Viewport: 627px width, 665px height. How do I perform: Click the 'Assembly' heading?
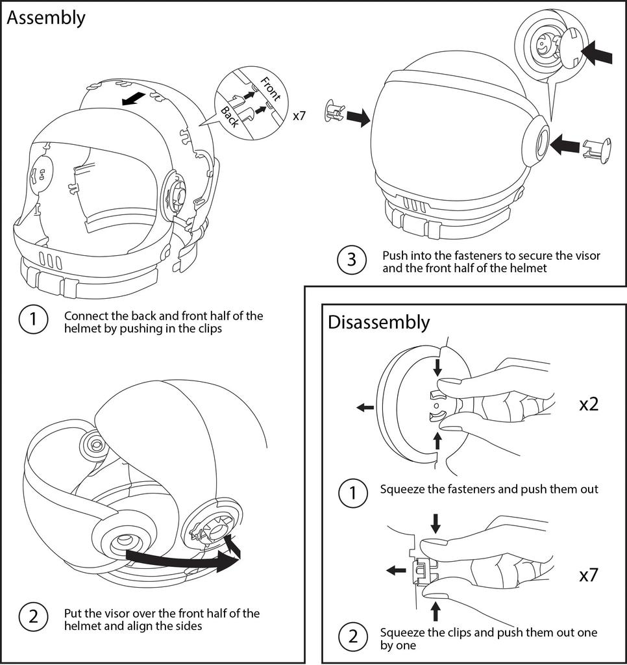pyautogui.click(x=45, y=18)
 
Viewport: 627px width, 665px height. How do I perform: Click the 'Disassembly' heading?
pyautogui.click(x=378, y=321)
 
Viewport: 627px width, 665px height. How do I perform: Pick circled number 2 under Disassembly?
pyautogui.click(x=352, y=636)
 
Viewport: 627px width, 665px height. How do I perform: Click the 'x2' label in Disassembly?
pyautogui.click(x=589, y=405)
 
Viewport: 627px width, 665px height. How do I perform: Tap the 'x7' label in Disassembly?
pyautogui.click(x=589, y=575)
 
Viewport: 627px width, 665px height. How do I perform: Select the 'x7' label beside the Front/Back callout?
pyautogui.click(x=299, y=116)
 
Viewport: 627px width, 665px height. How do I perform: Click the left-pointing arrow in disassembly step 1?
pyautogui.click(x=365, y=407)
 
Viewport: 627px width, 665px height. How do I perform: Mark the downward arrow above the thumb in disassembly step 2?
pyautogui.click(x=436, y=522)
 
